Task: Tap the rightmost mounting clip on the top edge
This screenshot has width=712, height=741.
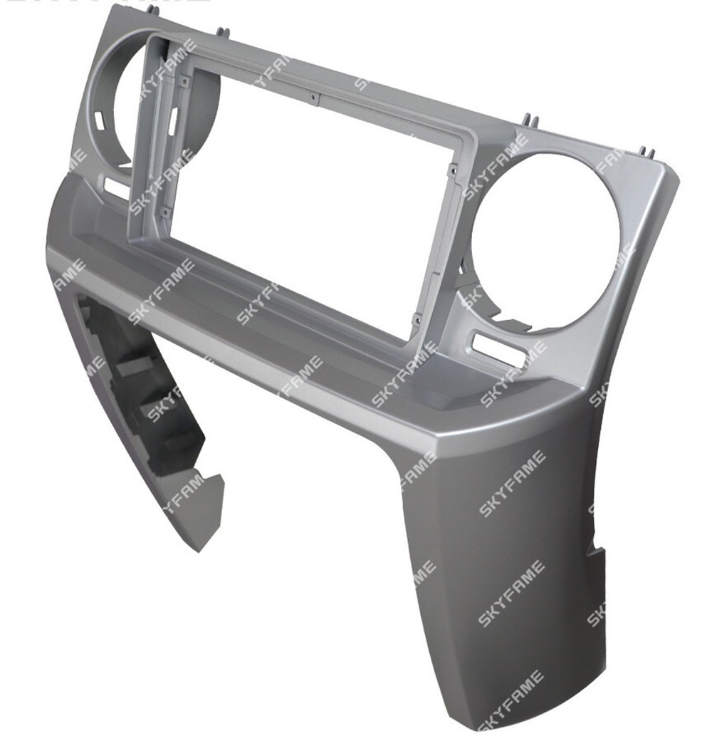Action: tap(646, 152)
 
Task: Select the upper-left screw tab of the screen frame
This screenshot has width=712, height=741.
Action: tap(184, 82)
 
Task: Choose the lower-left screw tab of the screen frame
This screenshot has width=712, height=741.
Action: tap(165, 212)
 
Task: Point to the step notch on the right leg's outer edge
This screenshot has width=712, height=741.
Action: tap(595, 553)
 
